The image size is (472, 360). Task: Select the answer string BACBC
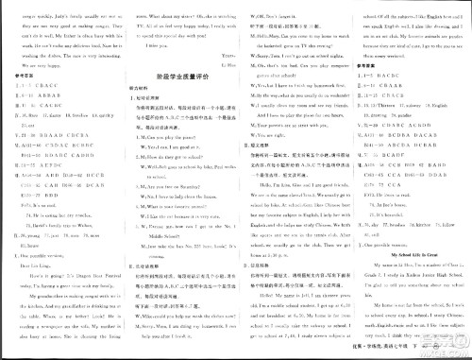pos(48,130)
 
